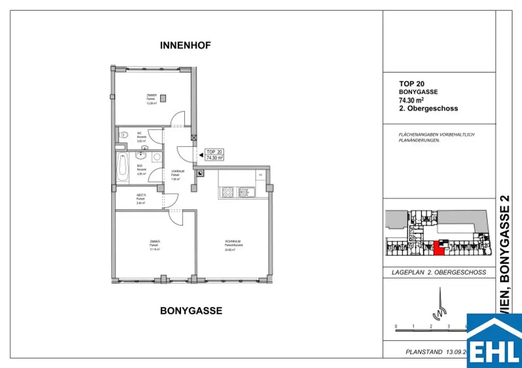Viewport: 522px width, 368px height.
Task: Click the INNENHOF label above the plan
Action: point(186,45)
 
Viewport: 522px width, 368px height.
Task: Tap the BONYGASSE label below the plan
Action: point(191,310)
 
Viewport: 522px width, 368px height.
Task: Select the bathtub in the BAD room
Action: point(123,167)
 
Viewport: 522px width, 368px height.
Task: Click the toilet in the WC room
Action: point(124,135)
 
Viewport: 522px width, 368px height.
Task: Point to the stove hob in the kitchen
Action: point(227,192)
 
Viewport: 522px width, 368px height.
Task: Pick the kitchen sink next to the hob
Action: point(244,192)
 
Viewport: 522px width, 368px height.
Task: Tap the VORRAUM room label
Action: point(177,171)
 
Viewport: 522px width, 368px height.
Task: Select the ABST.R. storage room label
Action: point(141,195)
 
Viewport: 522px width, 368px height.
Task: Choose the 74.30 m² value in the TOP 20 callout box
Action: point(215,158)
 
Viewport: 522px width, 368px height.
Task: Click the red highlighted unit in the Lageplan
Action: point(438,248)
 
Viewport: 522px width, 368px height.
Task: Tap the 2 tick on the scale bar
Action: point(431,326)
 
